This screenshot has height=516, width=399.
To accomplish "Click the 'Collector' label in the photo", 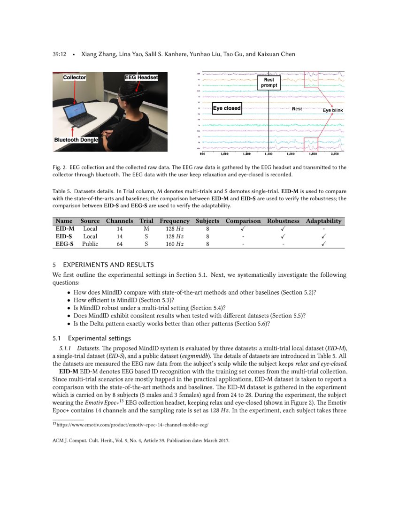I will click(75, 77).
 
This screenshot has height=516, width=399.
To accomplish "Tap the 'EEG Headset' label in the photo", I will click(141, 77).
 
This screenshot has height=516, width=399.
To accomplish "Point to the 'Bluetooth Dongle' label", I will click(76, 140).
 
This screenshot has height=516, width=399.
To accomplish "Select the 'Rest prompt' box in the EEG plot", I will click(269, 83).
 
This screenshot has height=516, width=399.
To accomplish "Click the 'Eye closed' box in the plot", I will click(227, 108).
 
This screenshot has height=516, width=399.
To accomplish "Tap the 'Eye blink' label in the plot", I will click(332, 110).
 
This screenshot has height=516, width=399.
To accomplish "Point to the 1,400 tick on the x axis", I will click(269, 153).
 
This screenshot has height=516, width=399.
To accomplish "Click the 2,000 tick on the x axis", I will click(335, 153).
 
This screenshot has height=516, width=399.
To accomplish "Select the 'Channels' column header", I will click(120, 221).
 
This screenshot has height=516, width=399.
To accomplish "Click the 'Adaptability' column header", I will click(323, 221).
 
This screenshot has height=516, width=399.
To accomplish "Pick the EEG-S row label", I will click(64, 244).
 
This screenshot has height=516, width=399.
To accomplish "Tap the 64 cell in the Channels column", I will click(120, 244).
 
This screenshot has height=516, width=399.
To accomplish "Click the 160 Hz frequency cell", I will click(174, 244).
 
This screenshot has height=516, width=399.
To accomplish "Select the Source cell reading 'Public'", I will click(90, 244).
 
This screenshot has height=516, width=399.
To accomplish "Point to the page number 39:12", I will click(59, 54).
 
